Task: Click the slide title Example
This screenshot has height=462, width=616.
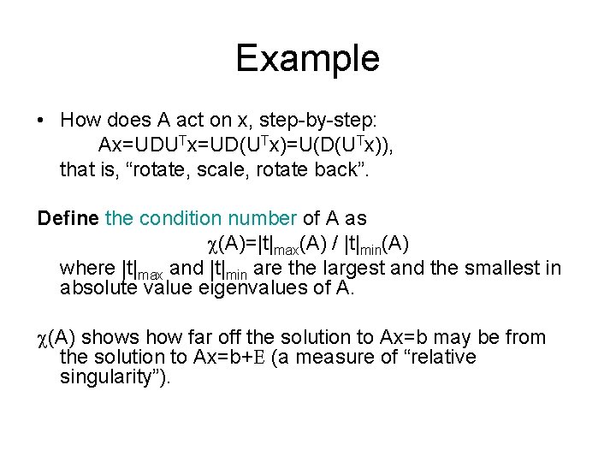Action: [307, 58]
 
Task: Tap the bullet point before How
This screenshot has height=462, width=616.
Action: [41, 121]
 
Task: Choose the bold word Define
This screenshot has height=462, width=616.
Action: [68, 218]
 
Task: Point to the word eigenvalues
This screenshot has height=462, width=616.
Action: [262, 287]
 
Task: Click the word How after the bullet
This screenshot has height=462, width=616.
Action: [80, 121]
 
